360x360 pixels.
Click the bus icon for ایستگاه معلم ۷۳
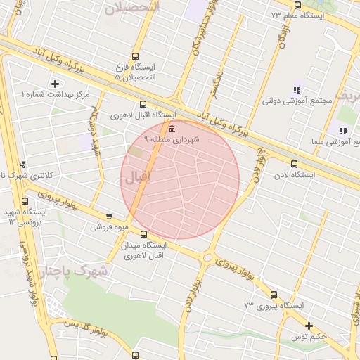pyautogui.click(x=297, y=5)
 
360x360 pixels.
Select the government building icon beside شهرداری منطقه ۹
pyautogui.click(x=172, y=128)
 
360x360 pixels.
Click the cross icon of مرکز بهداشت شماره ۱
pyautogui.click(x=56, y=84)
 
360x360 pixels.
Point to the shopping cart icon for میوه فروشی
pyautogui.click(x=108, y=217)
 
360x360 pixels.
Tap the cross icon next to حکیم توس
pyautogui.click(x=309, y=325)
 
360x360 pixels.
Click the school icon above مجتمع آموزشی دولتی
pyautogui.click(x=297, y=90)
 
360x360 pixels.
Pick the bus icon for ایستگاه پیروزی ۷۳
pyautogui.click(x=273, y=295)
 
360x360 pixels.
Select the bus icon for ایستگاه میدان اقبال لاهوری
pyautogui.click(x=143, y=234)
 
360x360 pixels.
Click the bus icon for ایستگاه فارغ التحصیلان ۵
pyautogui.click(x=135, y=57)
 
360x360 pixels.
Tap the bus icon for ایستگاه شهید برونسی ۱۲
pyautogui.click(x=25, y=201)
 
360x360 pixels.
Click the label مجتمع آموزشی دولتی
pyautogui.click(x=297, y=101)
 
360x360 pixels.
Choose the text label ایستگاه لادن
pyautogui.click(x=302, y=174)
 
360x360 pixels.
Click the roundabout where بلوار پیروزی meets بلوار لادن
pyautogui.click(x=207, y=258)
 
